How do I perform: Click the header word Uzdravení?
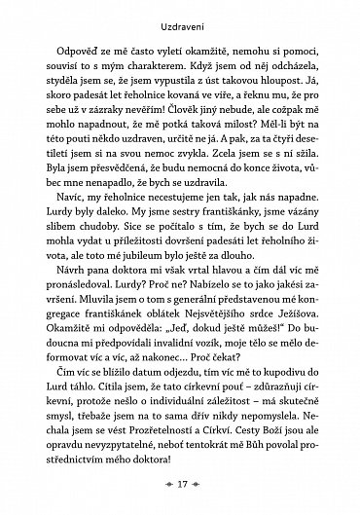pos(181,19)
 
